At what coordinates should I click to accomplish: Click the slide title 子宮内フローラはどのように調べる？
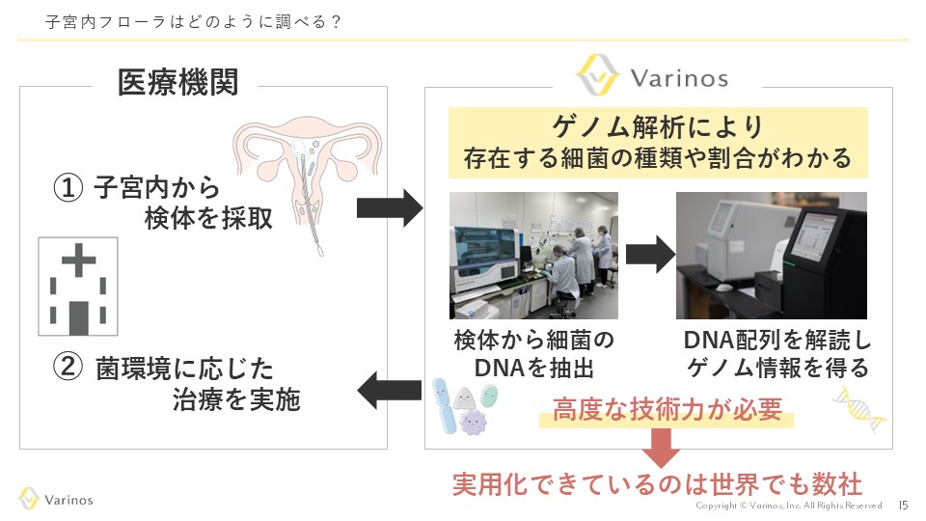coord(193,22)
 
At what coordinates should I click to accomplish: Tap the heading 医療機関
coord(177,83)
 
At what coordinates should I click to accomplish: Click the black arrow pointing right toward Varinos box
coord(390,206)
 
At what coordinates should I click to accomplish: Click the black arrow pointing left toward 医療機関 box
coord(390,391)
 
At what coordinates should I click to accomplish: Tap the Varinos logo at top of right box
coord(652,76)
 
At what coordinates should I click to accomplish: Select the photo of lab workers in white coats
coord(533,255)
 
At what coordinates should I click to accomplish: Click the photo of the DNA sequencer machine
coord(771,255)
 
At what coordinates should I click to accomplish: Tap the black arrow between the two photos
coord(648,254)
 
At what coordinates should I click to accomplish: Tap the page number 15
coord(903,505)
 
